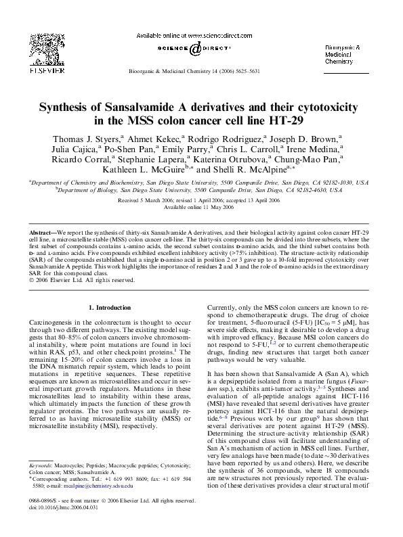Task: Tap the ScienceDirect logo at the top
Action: [x=194, y=49]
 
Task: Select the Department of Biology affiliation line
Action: [x=201, y=191]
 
